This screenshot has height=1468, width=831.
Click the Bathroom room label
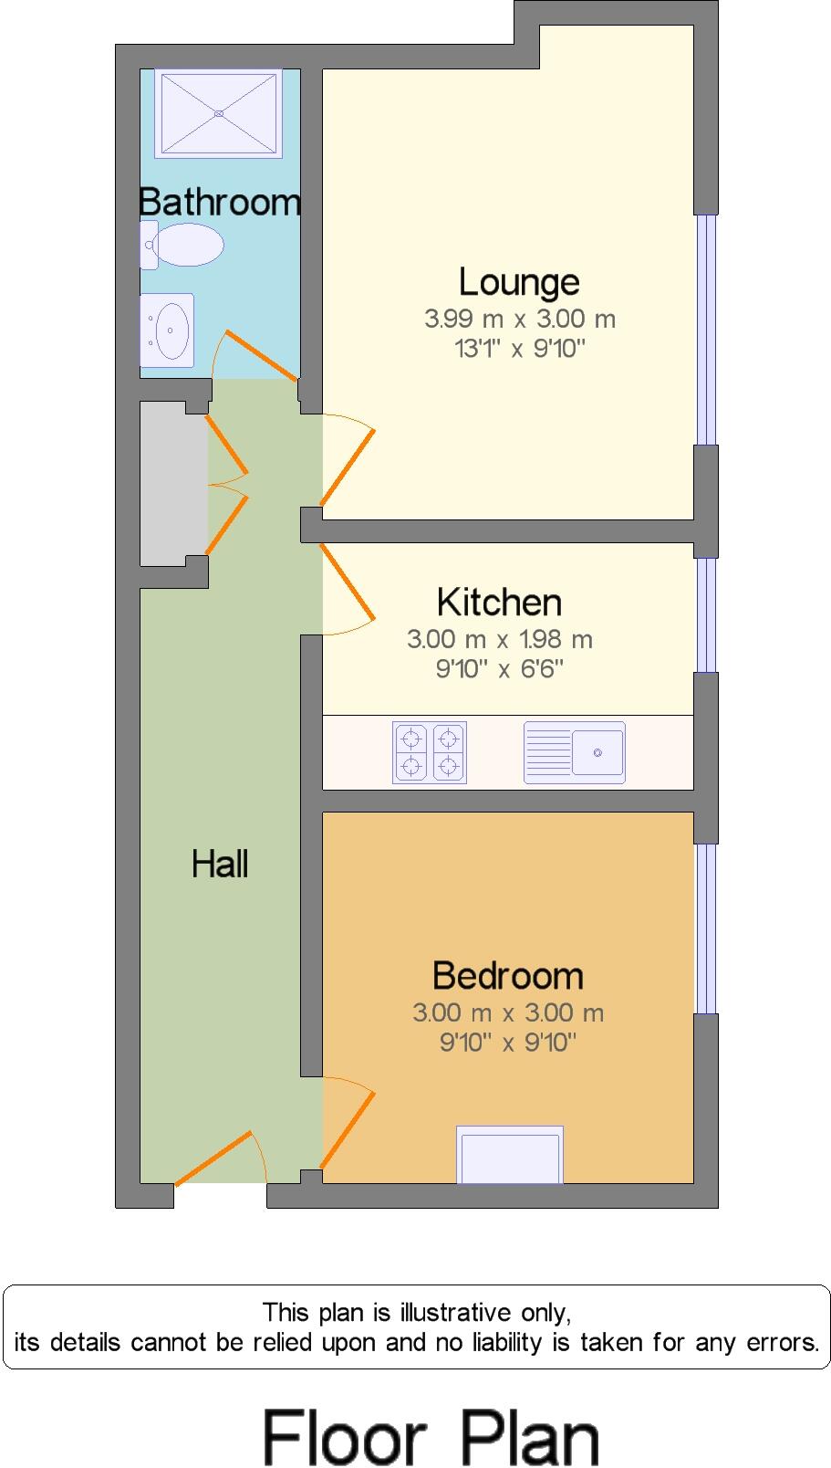point(220,202)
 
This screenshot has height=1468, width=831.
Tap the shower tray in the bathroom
point(219,113)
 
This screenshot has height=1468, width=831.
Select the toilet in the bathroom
point(182,245)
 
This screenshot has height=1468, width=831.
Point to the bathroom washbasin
point(167,330)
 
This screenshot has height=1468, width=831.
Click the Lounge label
point(519,282)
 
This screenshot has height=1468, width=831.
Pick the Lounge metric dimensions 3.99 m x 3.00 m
point(520,320)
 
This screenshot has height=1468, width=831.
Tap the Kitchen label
point(499,602)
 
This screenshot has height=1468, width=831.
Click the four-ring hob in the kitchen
point(430,752)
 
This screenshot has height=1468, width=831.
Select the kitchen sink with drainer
point(575,752)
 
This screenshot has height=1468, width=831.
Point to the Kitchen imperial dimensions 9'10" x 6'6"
point(500,668)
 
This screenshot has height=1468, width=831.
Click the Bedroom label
point(507,976)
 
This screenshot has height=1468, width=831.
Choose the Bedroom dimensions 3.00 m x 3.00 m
point(507,1012)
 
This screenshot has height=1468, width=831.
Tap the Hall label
point(220,864)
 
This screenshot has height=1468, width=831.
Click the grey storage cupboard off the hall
point(173,484)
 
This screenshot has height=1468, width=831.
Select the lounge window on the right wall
point(706,330)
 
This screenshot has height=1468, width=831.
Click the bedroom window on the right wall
point(706,928)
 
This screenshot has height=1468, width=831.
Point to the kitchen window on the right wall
point(706,615)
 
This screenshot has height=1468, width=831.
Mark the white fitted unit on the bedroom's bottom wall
point(510,1155)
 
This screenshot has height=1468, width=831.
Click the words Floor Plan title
point(431,1437)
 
